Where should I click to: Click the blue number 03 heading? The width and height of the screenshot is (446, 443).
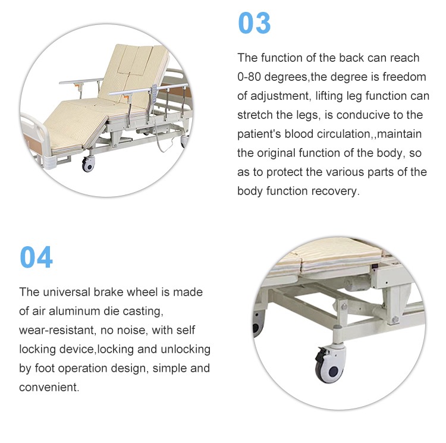tap(254, 23)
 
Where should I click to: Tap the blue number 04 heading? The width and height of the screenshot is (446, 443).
tap(36, 257)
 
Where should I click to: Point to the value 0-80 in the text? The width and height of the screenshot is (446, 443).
tap(249, 77)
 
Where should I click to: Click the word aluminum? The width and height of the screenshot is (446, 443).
tap(74, 311)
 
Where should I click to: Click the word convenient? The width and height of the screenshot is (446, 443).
tap(49, 387)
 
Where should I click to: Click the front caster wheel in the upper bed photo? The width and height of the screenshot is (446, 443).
tap(88, 164)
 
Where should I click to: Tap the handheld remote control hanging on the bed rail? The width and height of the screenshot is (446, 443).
tap(154, 93)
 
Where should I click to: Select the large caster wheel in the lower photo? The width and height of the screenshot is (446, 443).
tap(331, 367)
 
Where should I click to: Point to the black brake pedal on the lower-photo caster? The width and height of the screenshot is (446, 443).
tap(321, 355)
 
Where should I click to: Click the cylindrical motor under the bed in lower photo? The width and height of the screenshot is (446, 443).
tap(357, 284)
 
